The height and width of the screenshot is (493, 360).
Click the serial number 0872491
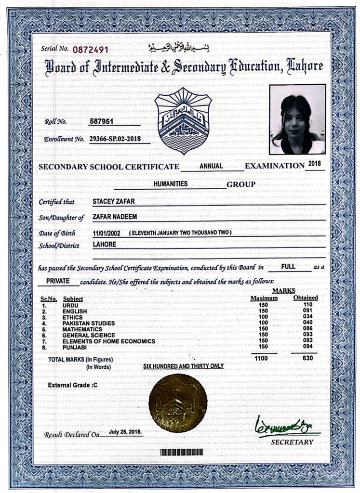pos(91,49)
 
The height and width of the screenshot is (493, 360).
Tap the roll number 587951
pos(102,121)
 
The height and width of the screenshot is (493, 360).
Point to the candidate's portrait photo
pos(297,119)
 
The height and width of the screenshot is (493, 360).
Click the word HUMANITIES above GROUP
pos(171,183)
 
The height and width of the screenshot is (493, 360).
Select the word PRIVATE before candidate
pos(59,281)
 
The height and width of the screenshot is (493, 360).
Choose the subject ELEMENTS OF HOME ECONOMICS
pos(108,341)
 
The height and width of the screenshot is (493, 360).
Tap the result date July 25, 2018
pos(125,432)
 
